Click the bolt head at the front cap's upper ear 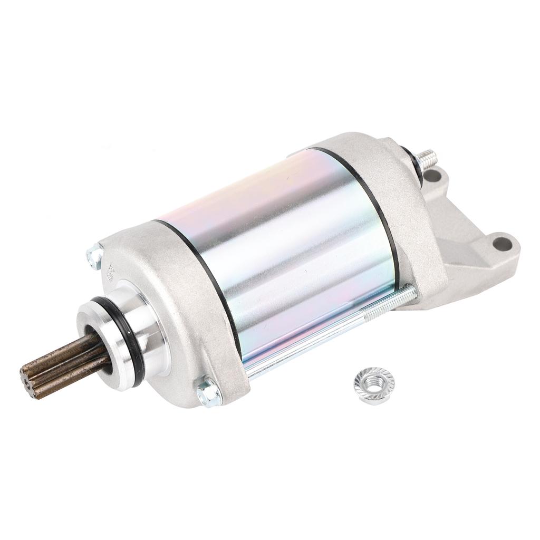pyautogui.click(x=94, y=256)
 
